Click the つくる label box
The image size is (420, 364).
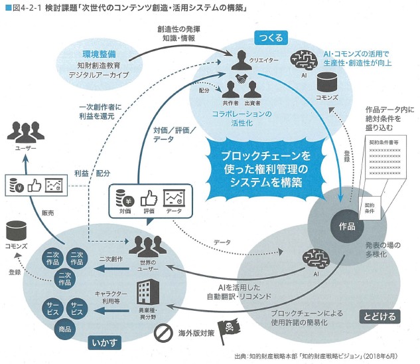[273, 39]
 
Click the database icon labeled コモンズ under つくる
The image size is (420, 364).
[327, 82]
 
